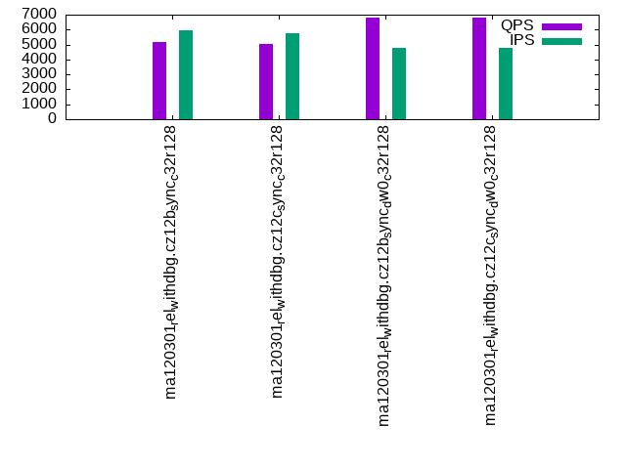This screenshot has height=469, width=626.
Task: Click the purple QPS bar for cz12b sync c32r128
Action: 159,81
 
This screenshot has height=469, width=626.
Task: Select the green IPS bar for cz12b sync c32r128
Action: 186,75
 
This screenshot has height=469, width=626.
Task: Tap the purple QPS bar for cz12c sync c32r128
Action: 266,82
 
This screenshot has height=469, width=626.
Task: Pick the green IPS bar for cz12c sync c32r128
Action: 292,76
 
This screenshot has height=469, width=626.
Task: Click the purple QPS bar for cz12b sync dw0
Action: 373,68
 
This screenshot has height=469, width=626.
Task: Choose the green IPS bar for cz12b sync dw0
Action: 399,83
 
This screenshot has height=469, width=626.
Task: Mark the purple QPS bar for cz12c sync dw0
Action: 479,68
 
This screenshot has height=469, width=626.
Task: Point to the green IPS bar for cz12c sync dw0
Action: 506,83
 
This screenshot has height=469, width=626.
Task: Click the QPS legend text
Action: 516,25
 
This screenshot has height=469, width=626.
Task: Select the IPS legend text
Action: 521,40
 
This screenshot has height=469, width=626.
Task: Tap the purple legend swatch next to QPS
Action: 561,26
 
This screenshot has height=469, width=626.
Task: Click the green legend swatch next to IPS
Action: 561,41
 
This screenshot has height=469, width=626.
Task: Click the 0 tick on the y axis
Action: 55,118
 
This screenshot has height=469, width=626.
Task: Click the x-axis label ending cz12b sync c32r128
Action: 172,262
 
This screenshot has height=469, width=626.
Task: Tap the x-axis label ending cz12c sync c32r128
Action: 279,262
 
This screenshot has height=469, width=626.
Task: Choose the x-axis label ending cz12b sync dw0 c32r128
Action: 385,276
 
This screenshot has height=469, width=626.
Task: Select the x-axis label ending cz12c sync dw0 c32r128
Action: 492,276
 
